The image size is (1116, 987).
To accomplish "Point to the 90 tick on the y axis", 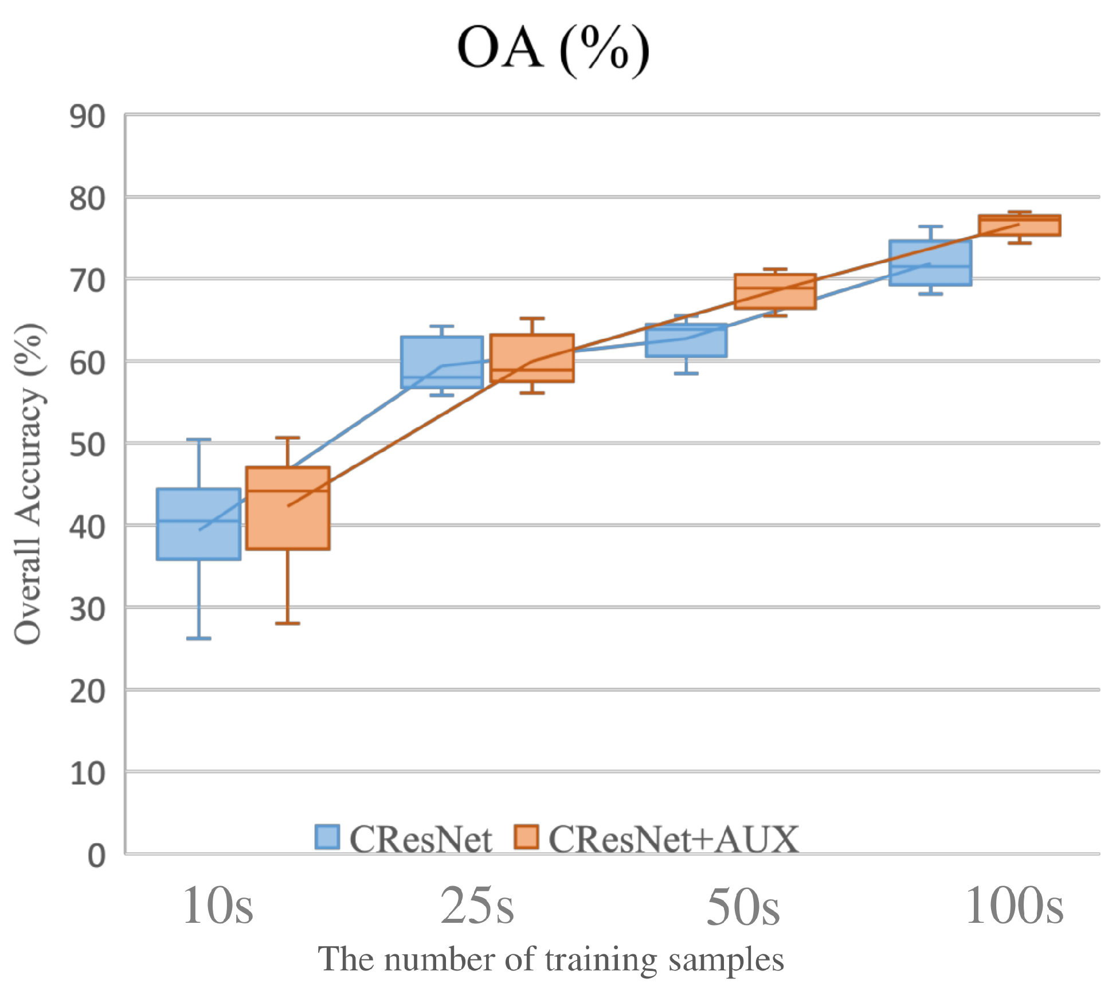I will [x=88, y=117].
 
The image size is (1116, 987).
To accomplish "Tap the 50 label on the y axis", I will [x=88, y=445].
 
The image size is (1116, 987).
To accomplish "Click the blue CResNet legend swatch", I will [x=327, y=837].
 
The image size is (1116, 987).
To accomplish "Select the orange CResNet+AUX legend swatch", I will [x=526, y=837].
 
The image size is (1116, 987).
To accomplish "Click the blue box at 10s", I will [x=199, y=524].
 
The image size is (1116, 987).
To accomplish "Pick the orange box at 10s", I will [x=288, y=508].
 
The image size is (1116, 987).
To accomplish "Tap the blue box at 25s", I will [x=442, y=362].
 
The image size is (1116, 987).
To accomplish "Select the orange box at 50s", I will [x=775, y=291].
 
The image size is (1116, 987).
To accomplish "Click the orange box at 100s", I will [x=1019, y=225].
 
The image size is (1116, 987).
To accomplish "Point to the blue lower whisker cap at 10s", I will [x=199, y=638].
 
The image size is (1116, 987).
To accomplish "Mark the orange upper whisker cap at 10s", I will [x=288, y=438].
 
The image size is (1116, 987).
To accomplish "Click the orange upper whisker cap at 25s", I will [x=532, y=318].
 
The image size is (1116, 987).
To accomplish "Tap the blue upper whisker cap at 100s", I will [x=930, y=226].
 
